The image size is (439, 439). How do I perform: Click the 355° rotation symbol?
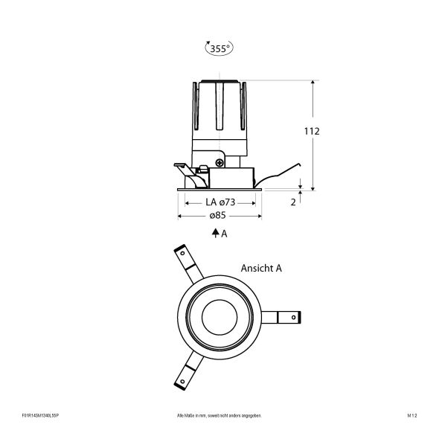click(218, 48)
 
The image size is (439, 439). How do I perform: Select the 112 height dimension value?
click(312, 131)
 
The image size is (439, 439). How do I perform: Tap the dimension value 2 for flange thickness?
click(294, 202)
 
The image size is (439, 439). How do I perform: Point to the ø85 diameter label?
click(217, 216)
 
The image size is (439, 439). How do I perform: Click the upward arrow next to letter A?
click(214, 233)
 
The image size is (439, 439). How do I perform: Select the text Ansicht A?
click(261, 268)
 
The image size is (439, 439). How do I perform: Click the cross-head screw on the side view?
click(220, 161)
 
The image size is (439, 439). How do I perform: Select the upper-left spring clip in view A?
click(186, 261)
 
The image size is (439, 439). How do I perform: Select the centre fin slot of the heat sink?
click(219, 112)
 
